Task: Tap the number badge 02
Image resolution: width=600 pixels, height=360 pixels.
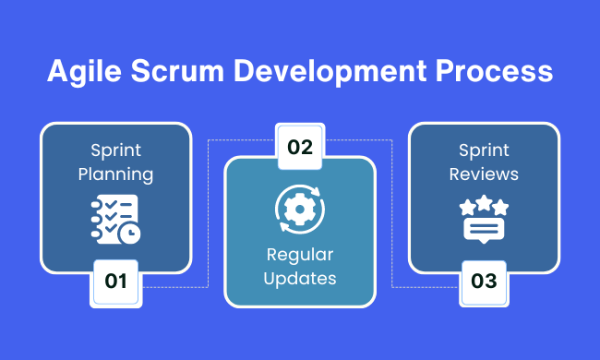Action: pyautogui.click(x=300, y=146)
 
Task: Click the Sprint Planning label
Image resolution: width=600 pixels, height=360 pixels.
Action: pyautogui.click(x=115, y=162)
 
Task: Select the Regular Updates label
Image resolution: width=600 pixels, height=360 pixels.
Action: pyautogui.click(x=300, y=265)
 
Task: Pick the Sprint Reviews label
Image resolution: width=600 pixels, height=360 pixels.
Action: pyautogui.click(x=484, y=162)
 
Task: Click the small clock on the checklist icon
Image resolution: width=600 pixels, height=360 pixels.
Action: pyautogui.click(x=129, y=234)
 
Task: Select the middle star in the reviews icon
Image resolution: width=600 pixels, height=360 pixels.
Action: pyautogui.click(x=484, y=201)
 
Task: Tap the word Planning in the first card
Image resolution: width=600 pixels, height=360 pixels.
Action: pyautogui.click(x=115, y=174)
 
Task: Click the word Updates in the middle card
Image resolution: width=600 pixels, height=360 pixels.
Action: pyautogui.click(x=300, y=277)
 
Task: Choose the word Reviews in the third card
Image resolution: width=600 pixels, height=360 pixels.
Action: pyautogui.click(x=484, y=174)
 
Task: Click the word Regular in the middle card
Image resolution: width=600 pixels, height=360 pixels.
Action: pyautogui.click(x=300, y=254)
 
